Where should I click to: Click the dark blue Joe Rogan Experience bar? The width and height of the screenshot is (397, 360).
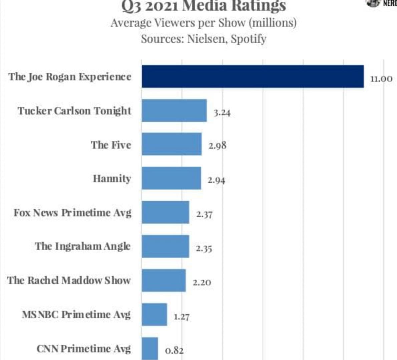253,76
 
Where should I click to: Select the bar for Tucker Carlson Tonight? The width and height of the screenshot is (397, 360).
174,110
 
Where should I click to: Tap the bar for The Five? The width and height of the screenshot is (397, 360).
171,144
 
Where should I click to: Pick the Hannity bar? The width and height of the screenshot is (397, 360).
171,178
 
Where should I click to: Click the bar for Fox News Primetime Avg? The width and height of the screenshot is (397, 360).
165,212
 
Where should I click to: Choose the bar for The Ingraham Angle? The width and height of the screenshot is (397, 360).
165,246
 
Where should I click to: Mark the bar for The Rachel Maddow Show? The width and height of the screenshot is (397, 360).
163,280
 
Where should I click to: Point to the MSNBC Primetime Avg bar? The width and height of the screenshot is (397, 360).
154,314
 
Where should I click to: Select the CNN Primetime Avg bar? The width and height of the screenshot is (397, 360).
150,348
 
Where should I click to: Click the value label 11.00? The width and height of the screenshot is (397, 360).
381,79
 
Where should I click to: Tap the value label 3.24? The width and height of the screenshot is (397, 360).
222,113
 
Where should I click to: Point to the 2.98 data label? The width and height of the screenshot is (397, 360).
217,146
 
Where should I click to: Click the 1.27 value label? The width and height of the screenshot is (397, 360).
181,317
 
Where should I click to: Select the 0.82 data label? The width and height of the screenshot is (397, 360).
174,351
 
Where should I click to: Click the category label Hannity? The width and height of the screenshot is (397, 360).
112,178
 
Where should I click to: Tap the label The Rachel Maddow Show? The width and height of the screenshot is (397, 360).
69,280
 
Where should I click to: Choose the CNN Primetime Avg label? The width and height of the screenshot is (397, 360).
83,349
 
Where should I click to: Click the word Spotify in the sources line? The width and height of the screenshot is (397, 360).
248,39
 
